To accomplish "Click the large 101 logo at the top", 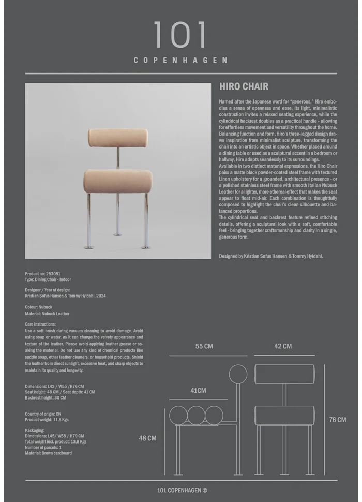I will (x=180, y=35).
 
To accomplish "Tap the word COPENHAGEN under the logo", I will (x=180, y=60).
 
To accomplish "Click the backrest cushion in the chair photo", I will (x=118, y=138).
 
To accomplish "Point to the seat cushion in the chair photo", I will (x=118, y=181).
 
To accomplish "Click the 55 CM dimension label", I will (x=204, y=346).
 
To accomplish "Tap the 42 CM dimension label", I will (x=283, y=346).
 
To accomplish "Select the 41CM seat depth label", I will (x=198, y=391).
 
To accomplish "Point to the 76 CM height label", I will (x=338, y=420).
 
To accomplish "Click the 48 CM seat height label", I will (x=147, y=438).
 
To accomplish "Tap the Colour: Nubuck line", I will (x=39, y=307).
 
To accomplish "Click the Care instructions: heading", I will (x=40, y=324).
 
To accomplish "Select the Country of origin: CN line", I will (x=43, y=414).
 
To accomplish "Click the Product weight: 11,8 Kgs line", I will (x=47, y=420).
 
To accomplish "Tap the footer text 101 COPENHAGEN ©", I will (x=182, y=490).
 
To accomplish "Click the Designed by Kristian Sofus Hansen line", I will (x=271, y=256).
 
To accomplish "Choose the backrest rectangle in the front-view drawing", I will (x=284, y=374).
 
